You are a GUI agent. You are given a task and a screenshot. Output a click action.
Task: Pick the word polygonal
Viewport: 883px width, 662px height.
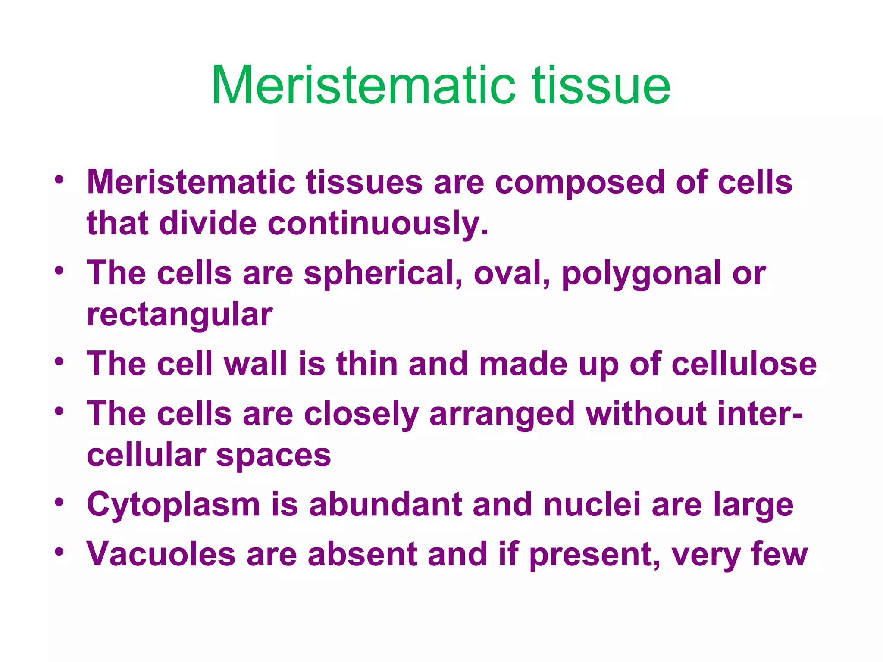point(641,274)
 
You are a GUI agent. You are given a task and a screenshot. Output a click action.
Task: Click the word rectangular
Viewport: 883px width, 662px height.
point(179,315)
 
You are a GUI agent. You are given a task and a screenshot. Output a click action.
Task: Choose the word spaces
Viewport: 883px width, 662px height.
point(273,456)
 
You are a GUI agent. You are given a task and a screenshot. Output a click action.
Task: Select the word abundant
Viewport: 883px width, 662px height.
point(385,505)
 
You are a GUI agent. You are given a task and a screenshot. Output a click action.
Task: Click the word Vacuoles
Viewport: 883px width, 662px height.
point(161,554)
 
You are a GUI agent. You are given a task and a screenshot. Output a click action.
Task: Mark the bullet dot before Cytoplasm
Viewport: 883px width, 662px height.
point(59,502)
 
